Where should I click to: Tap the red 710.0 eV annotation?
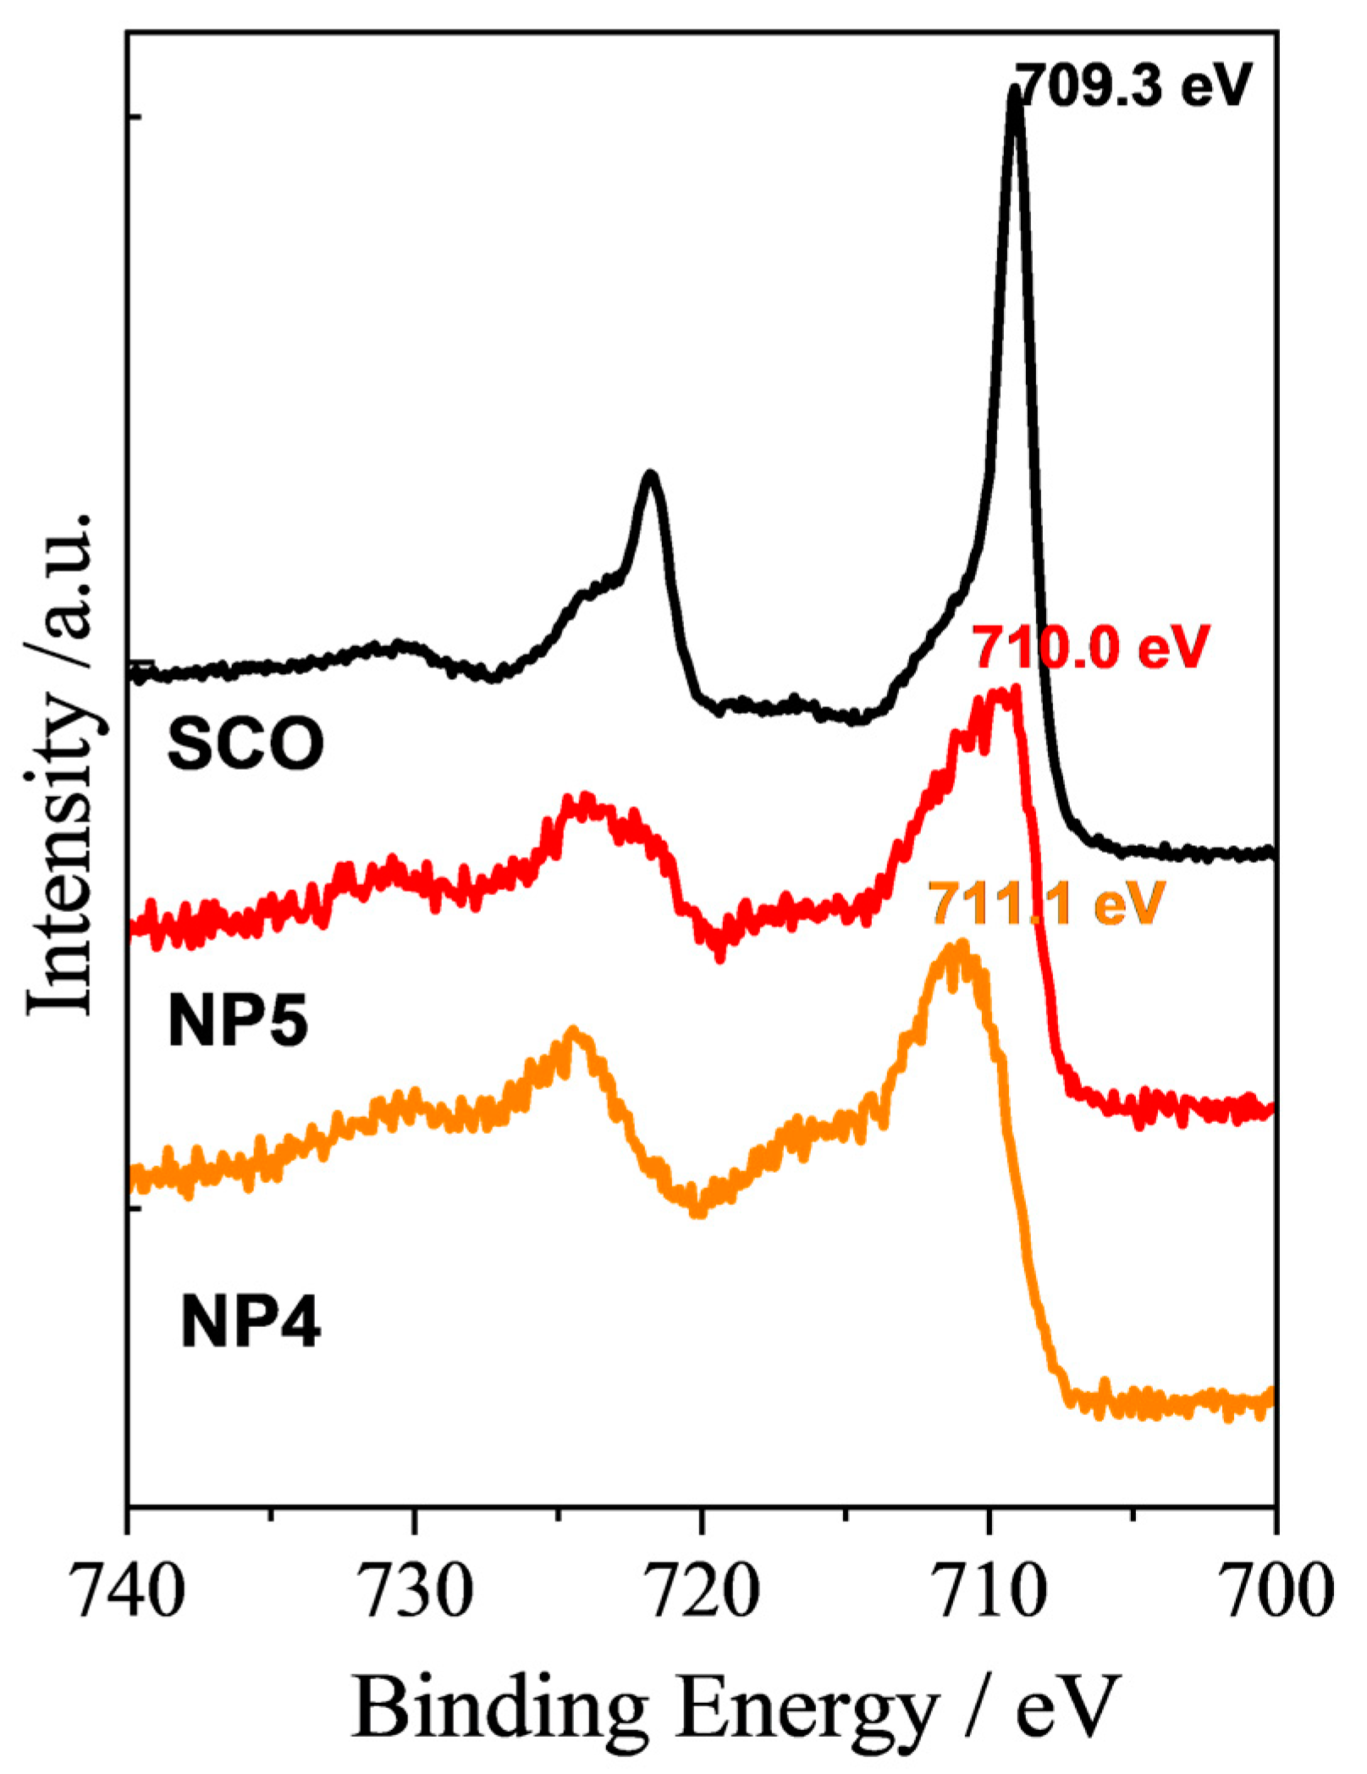point(1091,648)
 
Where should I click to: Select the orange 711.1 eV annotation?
point(1046,904)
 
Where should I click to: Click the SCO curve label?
point(245,744)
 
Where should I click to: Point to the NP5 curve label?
point(238,1022)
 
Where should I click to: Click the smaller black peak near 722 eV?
point(650,476)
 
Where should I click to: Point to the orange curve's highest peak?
point(959,948)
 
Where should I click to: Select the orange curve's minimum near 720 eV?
point(697,1209)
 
